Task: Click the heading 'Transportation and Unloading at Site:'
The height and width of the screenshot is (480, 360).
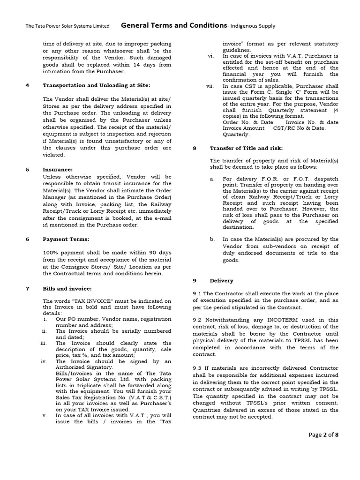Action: click(x=97, y=85)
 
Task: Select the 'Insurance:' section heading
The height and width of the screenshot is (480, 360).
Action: click(x=58, y=170)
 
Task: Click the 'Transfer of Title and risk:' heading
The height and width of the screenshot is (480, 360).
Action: click(x=246, y=148)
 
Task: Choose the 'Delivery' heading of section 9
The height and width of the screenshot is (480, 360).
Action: click(x=221, y=280)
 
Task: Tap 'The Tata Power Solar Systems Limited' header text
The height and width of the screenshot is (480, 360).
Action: click(x=67, y=26)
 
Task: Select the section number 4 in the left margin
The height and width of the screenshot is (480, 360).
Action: click(x=28, y=85)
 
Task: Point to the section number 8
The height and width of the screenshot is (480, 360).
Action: click(x=195, y=148)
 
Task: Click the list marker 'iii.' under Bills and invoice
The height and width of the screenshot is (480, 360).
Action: click(x=44, y=343)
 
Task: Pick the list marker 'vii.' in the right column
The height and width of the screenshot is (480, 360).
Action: click(x=210, y=86)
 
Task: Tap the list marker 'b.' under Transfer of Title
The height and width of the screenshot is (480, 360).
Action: click(x=212, y=239)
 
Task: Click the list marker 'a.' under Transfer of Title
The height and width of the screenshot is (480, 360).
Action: click(x=212, y=179)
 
